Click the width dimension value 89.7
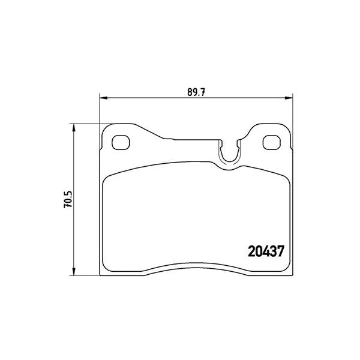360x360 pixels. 196,92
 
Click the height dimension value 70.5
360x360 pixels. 68,199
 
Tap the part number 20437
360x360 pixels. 266,251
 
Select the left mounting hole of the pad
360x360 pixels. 121,142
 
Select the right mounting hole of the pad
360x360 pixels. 271,142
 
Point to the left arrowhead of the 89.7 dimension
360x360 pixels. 104,98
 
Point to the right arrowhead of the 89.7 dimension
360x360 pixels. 289,98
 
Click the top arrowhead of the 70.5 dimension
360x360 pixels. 73,128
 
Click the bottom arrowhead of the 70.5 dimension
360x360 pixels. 73,271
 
